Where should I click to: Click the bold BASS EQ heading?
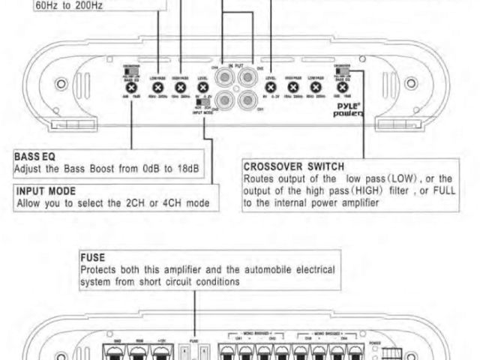click(x=34, y=157)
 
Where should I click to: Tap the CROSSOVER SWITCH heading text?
click(x=294, y=165)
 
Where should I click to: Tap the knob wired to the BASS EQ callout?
click(x=131, y=89)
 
